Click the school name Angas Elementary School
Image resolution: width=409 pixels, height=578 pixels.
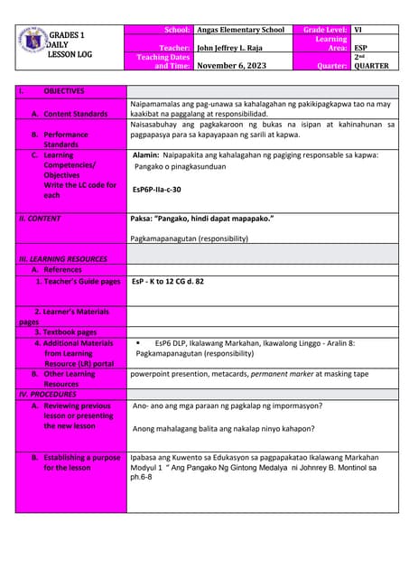[x=240, y=30]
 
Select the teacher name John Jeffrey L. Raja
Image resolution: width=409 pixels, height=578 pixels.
[x=233, y=48]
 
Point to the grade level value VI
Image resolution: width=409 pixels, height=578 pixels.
[x=358, y=30]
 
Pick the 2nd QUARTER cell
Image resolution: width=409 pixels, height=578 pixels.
[x=370, y=61]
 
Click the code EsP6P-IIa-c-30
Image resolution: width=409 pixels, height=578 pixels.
[x=156, y=190]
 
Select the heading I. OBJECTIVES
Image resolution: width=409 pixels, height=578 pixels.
[x=63, y=91]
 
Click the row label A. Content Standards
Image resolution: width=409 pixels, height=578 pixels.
[x=76, y=115]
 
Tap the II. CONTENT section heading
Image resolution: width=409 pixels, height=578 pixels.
[x=40, y=219]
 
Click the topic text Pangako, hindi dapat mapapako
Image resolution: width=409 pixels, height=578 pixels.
[x=202, y=219]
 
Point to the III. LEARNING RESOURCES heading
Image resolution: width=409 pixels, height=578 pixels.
[x=62, y=258]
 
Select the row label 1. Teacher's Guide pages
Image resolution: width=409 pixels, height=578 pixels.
[x=78, y=282]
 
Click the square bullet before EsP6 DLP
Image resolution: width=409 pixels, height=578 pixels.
[x=138, y=343]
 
